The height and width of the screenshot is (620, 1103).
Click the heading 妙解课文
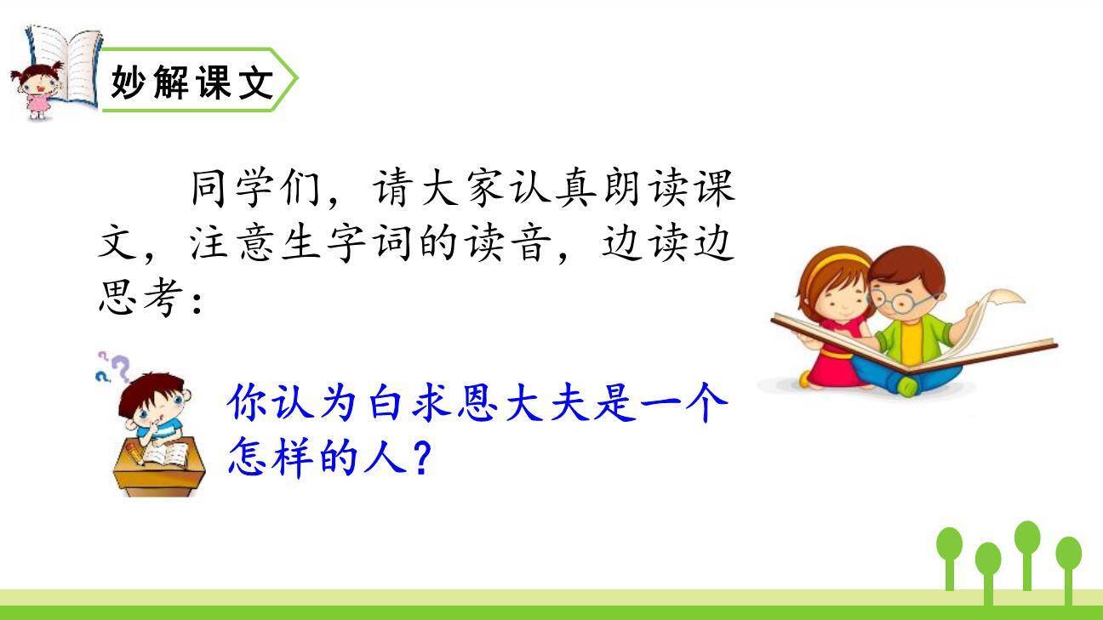pos(192,82)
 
